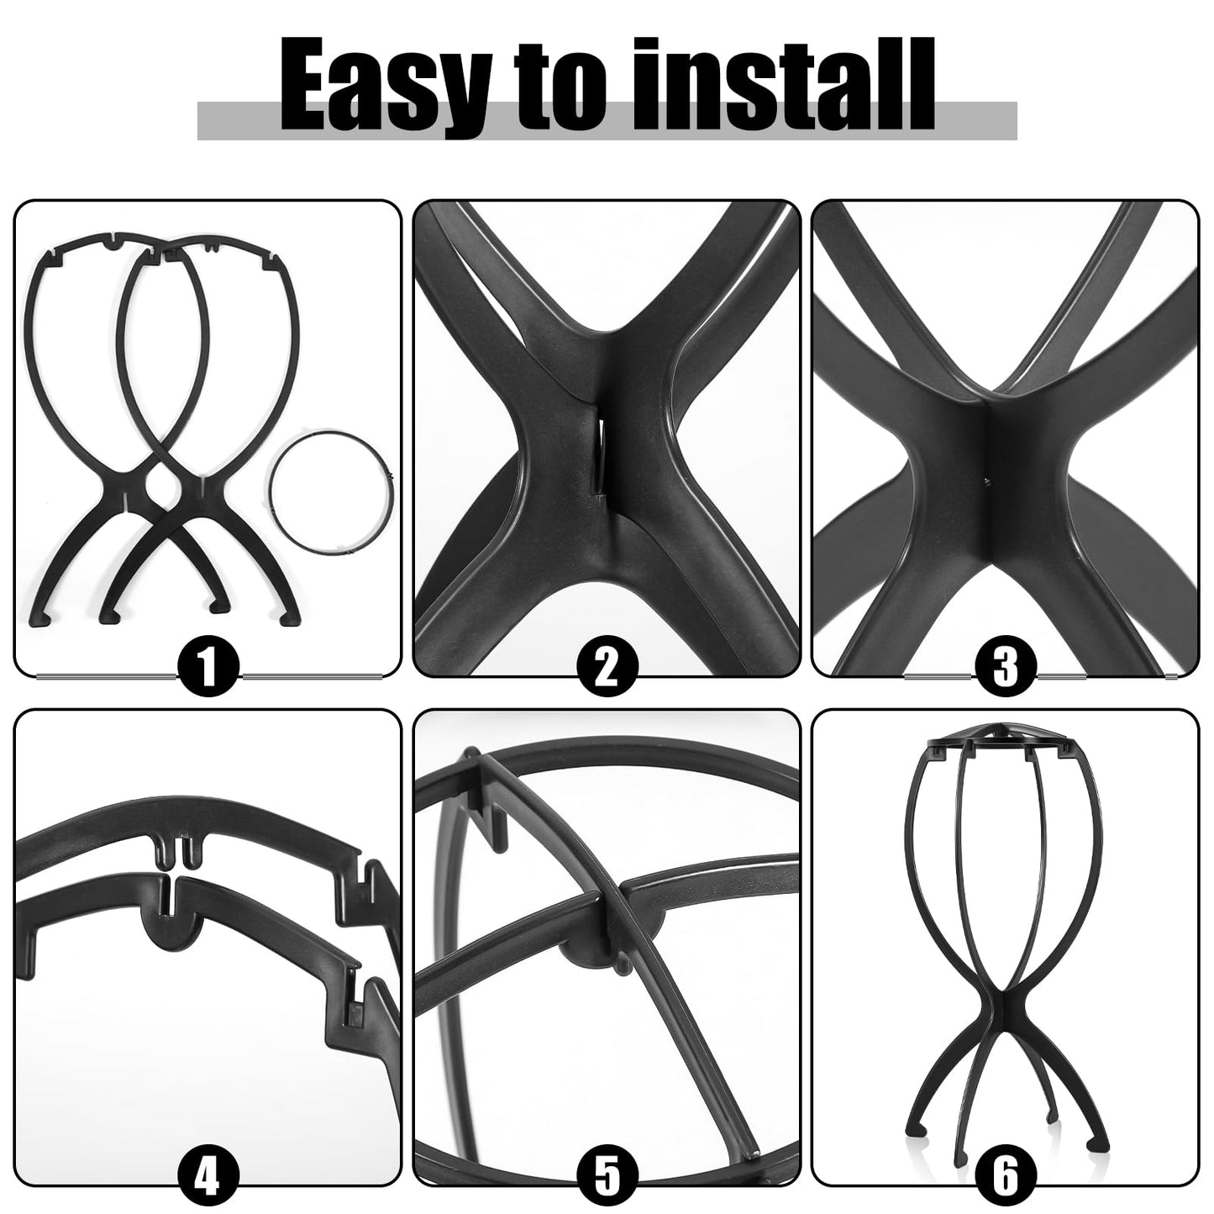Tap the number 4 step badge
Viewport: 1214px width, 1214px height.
(x=209, y=1176)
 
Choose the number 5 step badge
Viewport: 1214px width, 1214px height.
(x=607, y=1176)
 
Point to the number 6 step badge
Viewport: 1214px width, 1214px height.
(x=1005, y=1176)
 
